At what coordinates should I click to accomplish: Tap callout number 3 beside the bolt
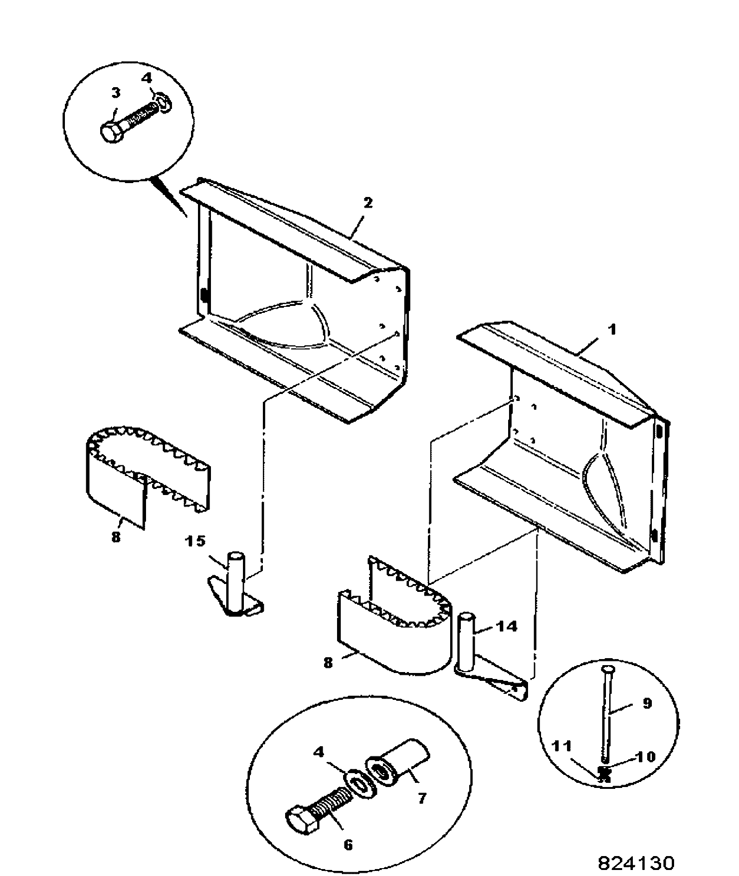point(115,93)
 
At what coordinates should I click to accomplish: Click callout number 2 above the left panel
point(368,203)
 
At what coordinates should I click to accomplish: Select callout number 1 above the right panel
point(612,330)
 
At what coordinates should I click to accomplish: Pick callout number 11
point(561,747)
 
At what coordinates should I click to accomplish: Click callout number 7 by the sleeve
point(421,799)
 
